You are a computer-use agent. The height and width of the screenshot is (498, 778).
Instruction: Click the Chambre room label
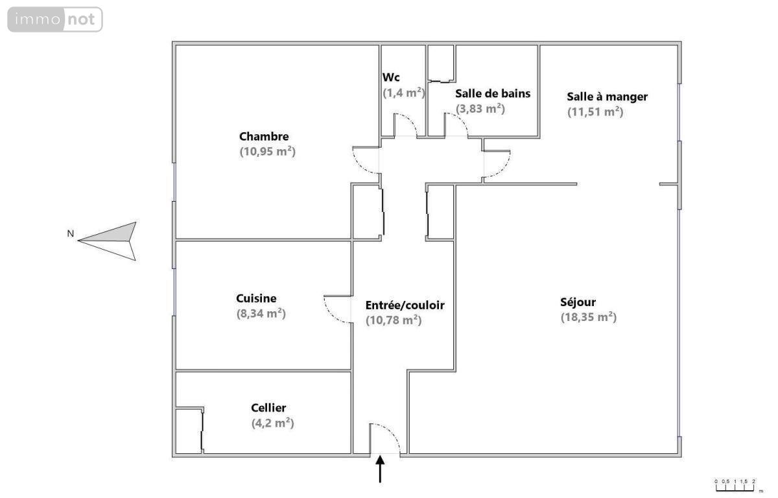click(264, 136)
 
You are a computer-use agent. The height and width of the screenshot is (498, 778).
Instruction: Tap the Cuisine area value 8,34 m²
click(261, 314)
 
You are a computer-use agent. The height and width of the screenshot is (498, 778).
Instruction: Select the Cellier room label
click(268, 408)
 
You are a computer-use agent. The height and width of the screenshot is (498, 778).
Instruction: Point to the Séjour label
click(578, 302)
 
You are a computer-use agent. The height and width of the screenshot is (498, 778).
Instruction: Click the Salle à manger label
click(607, 97)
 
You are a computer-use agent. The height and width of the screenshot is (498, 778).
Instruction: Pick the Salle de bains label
click(493, 93)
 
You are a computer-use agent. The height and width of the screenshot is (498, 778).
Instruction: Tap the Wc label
click(391, 77)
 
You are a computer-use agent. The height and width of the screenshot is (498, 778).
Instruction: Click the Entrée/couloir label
click(405, 305)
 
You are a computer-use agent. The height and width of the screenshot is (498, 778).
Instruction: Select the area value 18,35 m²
click(589, 318)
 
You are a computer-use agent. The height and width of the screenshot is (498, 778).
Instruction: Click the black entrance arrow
click(380, 469)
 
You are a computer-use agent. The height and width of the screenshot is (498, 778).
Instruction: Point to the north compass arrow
click(108, 241)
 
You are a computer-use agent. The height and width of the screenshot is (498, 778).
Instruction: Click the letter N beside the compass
click(71, 233)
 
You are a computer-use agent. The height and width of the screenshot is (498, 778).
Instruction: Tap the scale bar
click(735, 487)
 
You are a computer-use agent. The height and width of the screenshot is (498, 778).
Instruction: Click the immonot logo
click(55, 19)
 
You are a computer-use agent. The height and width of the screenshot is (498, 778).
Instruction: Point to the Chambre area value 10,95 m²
click(267, 152)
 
